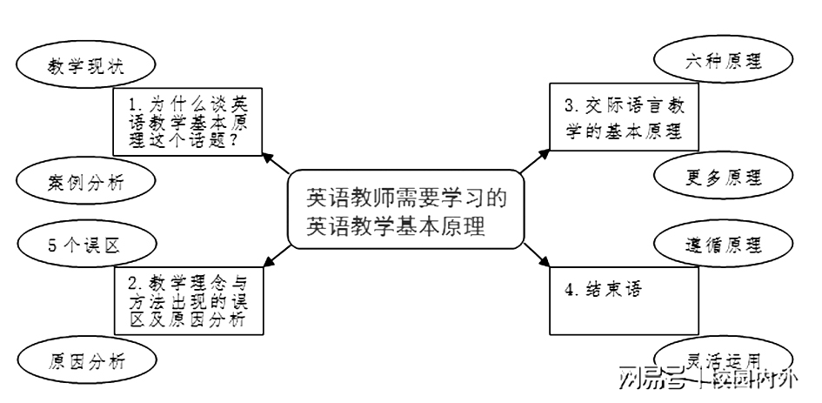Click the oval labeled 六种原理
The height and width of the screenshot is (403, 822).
pos(723,63)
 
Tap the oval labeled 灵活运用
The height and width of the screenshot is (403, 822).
pos(723,359)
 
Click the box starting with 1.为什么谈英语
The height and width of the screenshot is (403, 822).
pos(188,122)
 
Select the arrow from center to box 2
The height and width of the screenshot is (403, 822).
pos(277,252)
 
